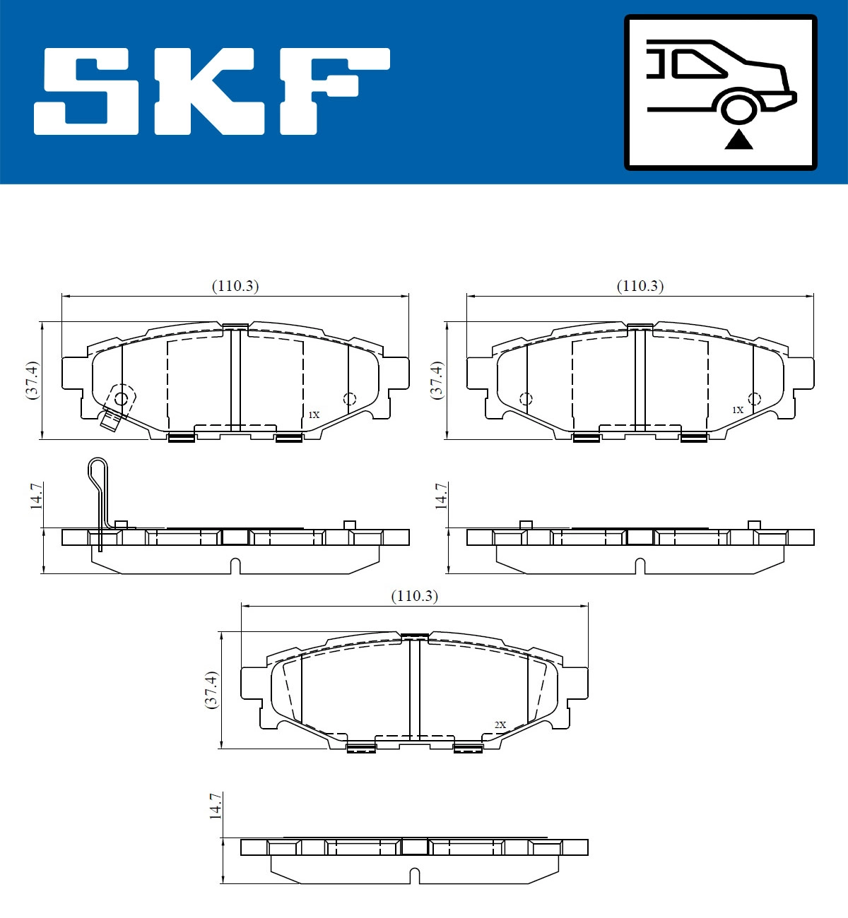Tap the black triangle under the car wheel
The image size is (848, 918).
pos(738,139)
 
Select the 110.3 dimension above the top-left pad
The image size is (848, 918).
pos(235,286)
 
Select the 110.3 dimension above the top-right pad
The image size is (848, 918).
pos(640,286)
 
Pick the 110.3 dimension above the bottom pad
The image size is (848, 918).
pos(415,596)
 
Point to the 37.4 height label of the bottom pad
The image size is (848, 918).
pos(211,690)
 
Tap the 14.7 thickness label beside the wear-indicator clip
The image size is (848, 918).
pos(37,496)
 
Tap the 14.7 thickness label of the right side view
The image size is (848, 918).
pos(441,496)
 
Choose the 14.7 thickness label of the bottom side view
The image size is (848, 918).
pos(216,806)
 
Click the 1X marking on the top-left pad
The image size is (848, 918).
pos(314,415)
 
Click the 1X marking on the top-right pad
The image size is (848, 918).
pos(737,410)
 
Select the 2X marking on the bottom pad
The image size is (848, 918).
pos(500,725)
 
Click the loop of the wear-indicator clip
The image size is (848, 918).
pos(98,469)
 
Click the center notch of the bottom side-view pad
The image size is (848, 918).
pos(416,876)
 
